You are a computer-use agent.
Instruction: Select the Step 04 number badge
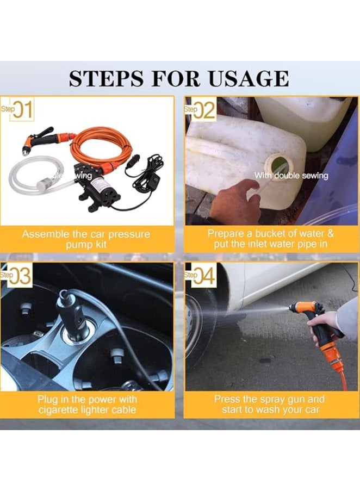(x=200, y=276)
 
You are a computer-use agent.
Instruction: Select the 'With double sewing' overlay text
(x=291, y=176)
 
